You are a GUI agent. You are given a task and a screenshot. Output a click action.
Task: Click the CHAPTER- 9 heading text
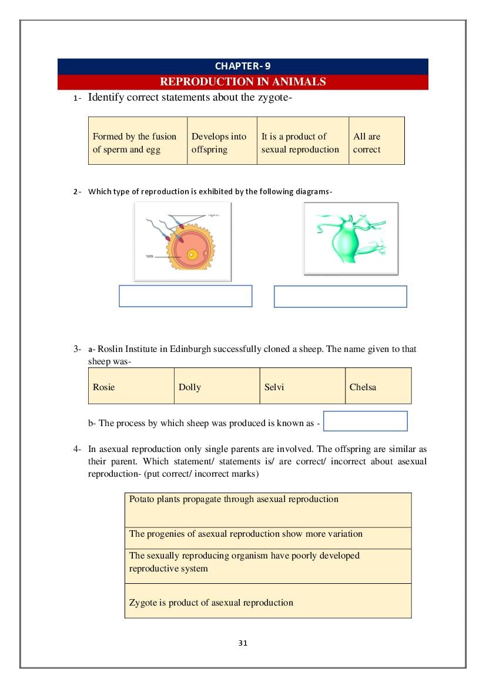(243, 67)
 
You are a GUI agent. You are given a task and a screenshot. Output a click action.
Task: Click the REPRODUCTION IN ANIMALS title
(243, 82)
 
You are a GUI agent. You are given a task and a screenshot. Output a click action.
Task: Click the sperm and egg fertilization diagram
(182, 241)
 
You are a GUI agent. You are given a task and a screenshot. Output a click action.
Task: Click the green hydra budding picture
(350, 238)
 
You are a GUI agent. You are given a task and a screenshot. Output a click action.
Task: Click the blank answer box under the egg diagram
(185, 296)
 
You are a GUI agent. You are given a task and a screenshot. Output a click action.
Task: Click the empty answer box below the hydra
(340, 297)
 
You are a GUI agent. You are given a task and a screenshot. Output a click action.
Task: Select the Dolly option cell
(217, 386)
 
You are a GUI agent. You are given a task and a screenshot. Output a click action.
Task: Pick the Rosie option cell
(131, 386)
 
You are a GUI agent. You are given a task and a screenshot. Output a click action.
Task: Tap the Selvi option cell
(302, 386)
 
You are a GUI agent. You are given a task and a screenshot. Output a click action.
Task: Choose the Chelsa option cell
(378, 386)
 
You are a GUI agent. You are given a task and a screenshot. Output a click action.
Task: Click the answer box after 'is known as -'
(365, 421)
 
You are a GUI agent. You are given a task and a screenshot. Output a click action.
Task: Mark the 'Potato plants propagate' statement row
(268, 510)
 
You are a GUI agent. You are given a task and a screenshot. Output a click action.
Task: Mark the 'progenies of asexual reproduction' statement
(268, 538)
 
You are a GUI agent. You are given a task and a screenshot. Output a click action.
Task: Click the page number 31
(243, 643)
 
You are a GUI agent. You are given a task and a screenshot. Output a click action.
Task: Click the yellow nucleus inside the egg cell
(192, 255)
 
